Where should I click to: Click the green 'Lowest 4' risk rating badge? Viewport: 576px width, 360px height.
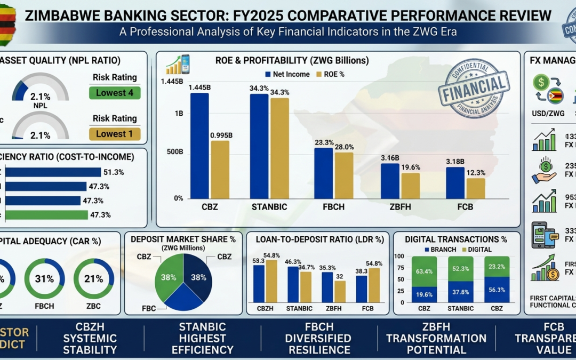(114, 93)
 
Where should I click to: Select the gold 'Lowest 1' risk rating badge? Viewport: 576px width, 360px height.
(114, 134)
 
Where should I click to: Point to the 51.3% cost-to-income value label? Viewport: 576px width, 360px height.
(115, 172)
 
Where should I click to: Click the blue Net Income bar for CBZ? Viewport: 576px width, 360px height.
(199, 146)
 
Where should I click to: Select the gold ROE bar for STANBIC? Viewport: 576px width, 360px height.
(279, 148)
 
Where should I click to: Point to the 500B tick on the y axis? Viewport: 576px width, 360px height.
(175, 151)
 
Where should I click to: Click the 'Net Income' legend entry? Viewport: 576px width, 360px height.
(286, 74)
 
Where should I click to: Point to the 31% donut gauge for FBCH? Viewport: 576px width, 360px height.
(45, 278)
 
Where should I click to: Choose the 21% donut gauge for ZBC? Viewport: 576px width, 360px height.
(93, 278)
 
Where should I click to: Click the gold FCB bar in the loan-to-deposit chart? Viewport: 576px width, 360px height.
(374, 285)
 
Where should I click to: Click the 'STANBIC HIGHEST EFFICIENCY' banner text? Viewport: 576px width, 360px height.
(203, 338)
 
